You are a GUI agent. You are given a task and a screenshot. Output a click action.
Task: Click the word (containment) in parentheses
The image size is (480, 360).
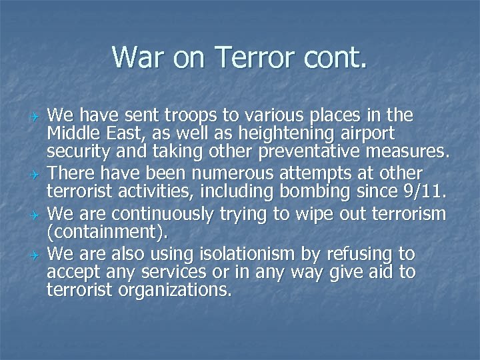tap(108, 233)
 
